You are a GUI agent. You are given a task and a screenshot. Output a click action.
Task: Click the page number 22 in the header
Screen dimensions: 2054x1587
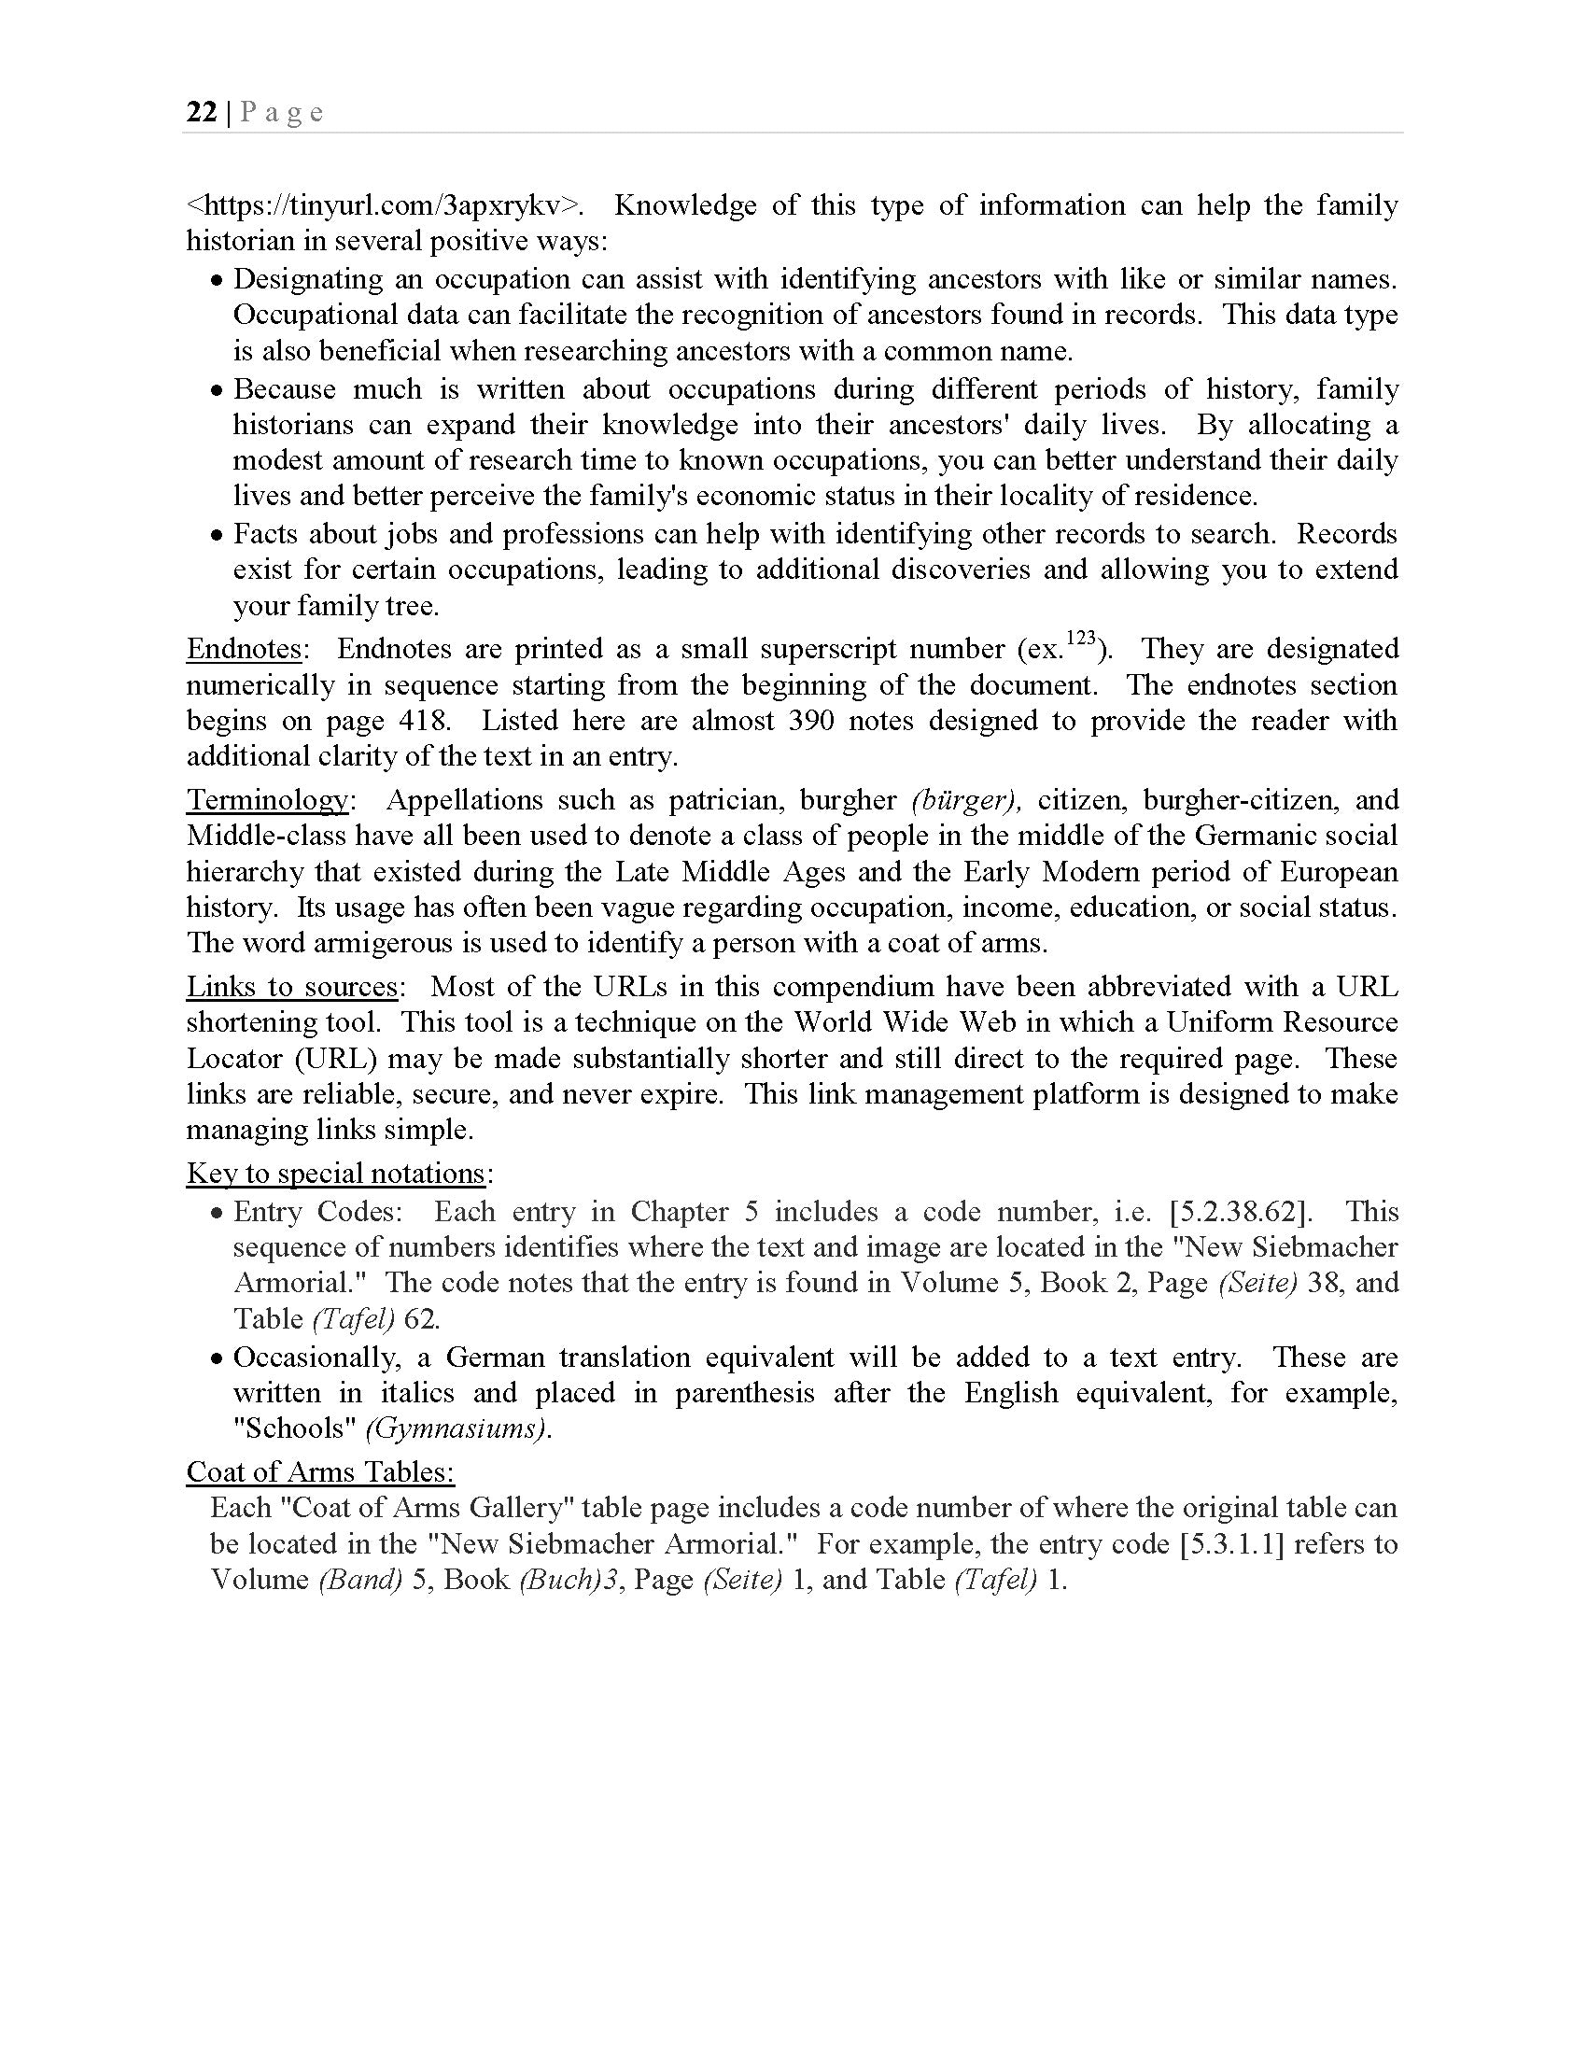point(202,113)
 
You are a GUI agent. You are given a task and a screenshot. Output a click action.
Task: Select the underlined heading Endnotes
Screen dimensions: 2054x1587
point(245,649)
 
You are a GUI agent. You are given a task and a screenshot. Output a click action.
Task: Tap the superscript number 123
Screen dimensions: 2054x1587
point(1082,639)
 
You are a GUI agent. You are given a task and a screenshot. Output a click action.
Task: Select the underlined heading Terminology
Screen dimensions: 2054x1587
point(267,800)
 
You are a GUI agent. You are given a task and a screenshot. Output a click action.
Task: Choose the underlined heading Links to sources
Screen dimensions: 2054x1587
point(292,987)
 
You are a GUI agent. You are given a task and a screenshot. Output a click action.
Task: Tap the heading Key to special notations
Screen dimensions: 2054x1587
point(336,1174)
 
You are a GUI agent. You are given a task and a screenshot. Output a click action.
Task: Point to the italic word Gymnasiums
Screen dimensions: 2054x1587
point(456,1428)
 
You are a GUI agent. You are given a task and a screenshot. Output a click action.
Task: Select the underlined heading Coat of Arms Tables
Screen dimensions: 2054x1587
point(319,1471)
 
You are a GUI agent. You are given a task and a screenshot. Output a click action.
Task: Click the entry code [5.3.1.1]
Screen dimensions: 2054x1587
point(1231,1544)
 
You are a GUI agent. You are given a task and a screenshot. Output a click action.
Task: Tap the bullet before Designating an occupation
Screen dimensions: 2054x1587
point(218,281)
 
